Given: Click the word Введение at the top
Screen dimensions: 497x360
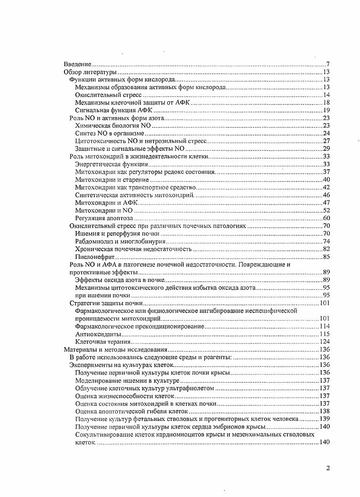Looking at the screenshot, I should click(77, 64).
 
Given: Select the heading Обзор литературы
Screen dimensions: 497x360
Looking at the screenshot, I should click(90, 72).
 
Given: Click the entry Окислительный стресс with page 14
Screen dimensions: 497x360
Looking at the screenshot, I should click(109, 95).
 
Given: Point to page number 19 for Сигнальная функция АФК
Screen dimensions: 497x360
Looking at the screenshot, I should click(327, 110).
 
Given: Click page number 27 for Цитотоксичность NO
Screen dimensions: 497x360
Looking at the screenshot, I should click(327, 141).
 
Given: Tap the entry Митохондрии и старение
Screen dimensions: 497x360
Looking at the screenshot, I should click(108, 180).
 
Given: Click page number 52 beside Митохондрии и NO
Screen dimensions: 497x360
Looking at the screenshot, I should click(327, 210).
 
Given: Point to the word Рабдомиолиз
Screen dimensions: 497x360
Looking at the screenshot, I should click(93, 241).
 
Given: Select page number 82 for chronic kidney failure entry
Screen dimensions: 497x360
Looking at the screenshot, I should click(327, 249).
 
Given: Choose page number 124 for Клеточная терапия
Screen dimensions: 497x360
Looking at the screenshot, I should click(325, 342).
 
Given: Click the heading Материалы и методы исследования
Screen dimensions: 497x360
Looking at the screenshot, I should click(116, 349).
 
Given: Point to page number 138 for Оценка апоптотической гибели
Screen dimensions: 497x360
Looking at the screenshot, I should click(325, 411).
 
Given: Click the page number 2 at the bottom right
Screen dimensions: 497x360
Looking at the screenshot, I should click(328, 468).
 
